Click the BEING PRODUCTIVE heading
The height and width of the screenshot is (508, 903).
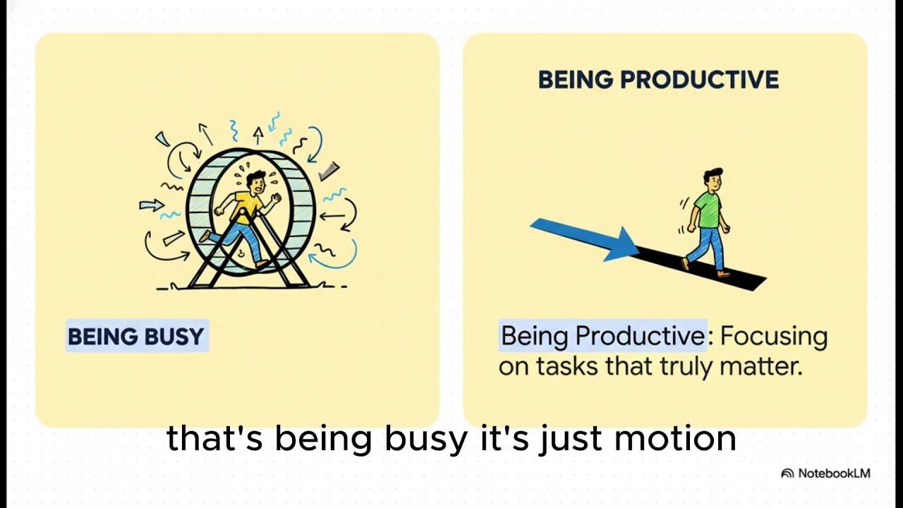658,80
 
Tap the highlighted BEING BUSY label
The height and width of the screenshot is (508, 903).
136,337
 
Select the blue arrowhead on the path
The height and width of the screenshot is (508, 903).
621,245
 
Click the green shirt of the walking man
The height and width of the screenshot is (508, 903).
707,209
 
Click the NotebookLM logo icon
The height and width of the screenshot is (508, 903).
787,473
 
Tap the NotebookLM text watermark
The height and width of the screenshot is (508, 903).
834,473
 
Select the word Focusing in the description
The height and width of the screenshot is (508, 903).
774,337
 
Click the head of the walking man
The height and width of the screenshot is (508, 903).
713,179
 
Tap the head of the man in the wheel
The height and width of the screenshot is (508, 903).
256,182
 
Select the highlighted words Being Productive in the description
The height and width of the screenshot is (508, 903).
603,337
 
